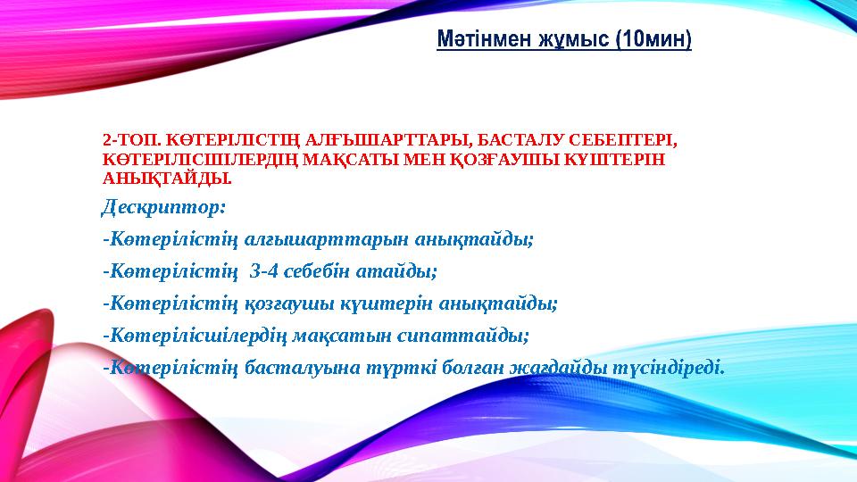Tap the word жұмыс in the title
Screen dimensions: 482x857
point(561,40)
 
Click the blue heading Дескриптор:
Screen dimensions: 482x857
point(163,207)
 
